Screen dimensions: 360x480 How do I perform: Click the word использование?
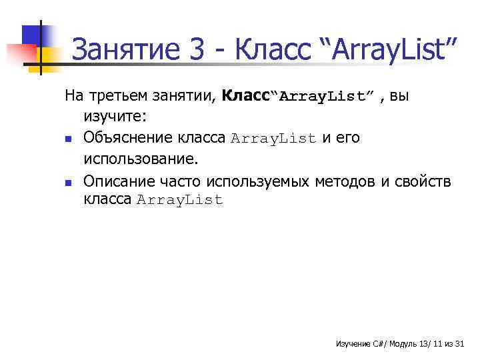click(141, 159)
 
